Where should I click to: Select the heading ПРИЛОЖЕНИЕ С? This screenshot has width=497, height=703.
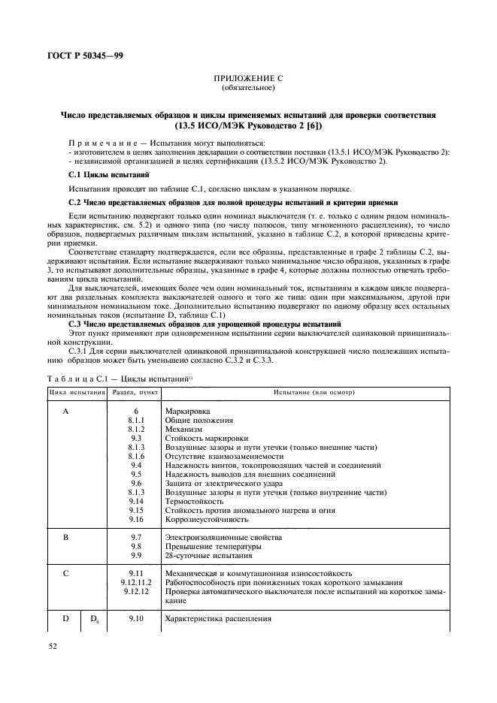(249, 77)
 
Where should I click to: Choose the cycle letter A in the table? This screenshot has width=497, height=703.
(65, 412)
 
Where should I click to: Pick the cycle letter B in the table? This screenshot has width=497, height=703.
(65, 538)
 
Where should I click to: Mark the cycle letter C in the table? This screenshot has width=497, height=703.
(65, 573)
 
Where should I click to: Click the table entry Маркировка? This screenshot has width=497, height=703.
(186, 412)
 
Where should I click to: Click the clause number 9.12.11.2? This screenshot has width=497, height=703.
(136, 582)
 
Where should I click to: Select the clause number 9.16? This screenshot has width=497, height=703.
(136, 519)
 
